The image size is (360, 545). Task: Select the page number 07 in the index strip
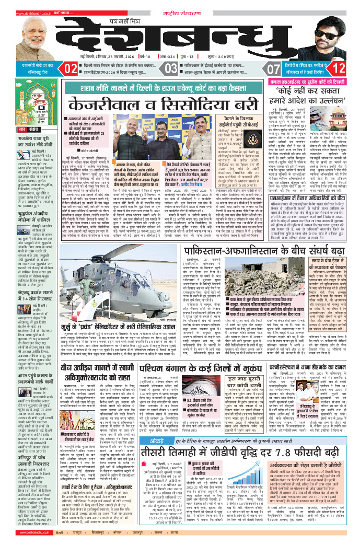[274, 68]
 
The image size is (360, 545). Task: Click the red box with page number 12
[338, 68]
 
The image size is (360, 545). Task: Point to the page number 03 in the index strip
[171, 68]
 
